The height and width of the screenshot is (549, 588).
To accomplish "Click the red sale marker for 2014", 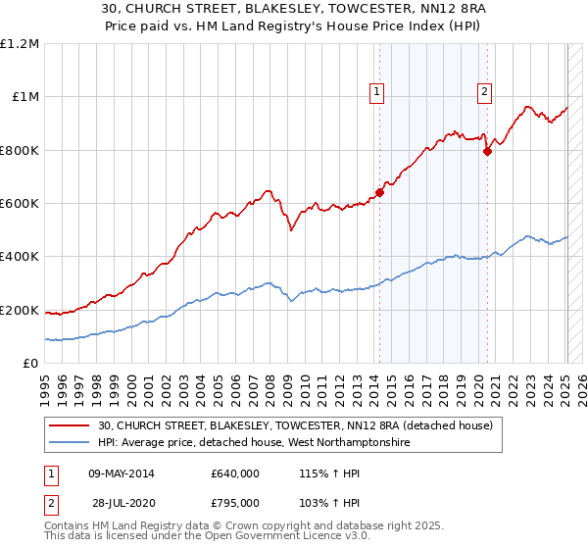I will click(x=379, y=192).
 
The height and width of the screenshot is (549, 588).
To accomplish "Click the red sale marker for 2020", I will click(x=487, y=151).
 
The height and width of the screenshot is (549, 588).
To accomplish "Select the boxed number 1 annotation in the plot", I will click(x=377, y=93).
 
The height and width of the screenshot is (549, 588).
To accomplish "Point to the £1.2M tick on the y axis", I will click(x=20, y=44).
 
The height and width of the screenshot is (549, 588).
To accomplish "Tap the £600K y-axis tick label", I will click(x=20, y=204).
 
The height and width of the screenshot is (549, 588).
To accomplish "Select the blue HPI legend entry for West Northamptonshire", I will click(x=254, y=443).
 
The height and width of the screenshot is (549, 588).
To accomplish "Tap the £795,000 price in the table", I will click(x=235, y=502).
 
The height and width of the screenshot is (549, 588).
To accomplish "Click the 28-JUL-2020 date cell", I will click(x=121, y=502).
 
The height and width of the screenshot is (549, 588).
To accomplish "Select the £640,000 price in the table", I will click(x=235, y=474).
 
